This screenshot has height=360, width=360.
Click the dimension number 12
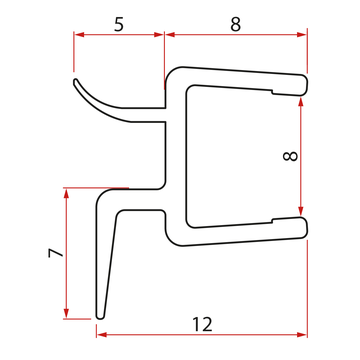click(x=202, y=324)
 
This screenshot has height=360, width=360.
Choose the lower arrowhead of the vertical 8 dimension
click(x=302, y=214)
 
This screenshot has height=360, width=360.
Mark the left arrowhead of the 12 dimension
click(x=101, y=333)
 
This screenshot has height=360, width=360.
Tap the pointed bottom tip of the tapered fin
click(x=99, y=314)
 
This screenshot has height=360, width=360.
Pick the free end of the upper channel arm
click(x=302, y=84)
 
